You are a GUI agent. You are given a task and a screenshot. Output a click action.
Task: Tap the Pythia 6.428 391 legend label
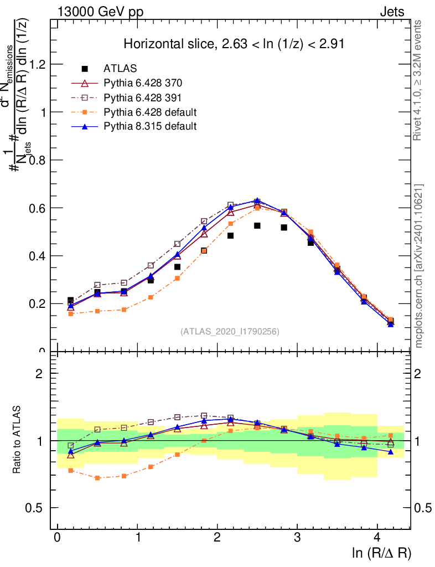pos(143,97)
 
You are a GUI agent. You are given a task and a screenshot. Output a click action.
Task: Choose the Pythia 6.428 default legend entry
pos(150,112)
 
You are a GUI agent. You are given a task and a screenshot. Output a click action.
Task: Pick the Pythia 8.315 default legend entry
pos(150,126)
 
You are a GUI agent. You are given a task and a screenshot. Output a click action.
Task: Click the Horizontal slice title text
pos(234,44)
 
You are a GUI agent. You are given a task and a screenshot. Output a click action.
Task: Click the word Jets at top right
pos(392,12)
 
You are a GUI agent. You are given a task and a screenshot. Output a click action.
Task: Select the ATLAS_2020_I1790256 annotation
pos(230,332)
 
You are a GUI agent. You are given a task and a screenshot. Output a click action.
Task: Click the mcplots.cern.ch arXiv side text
pos(419,266)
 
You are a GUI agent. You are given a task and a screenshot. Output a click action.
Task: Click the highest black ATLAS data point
pos(257,226)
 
